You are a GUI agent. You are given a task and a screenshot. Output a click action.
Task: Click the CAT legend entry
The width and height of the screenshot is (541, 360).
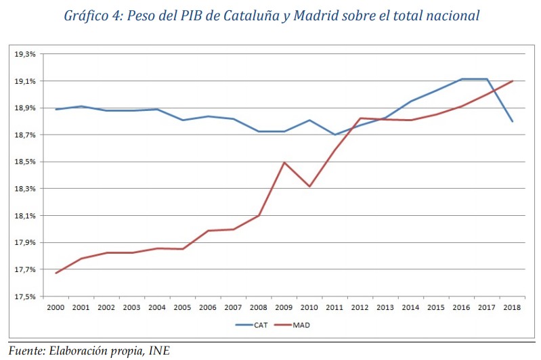pyautogui.click(x=254, y=324)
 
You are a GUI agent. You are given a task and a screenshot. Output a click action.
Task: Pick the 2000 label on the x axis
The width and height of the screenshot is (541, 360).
pyautogui.click(x=56, y=307)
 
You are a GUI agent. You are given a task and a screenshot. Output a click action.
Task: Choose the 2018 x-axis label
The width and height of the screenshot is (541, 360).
pyautogui.click(x=512, y=307)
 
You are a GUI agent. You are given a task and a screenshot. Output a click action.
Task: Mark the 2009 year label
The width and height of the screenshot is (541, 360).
pyautogui.click(x=284, y=307)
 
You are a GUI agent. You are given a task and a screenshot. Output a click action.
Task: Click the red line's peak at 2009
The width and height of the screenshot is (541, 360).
pyautogui.click(x=284, y=162)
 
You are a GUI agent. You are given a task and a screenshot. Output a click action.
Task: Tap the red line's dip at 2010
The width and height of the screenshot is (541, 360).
pyautogui.click(x=309, y=186)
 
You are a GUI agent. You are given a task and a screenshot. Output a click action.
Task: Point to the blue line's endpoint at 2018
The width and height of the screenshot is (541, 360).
pyautogui.click(x=512, y=122)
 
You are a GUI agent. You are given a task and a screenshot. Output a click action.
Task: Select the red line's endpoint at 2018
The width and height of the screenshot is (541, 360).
pyautogui.click(x=512, y=81)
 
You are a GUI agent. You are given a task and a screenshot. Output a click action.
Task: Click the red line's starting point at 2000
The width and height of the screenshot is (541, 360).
pyautogui.click(x=56, y=273)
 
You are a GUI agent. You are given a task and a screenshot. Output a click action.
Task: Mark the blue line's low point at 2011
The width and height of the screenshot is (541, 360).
pyautogui.click(x=334, y=134)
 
